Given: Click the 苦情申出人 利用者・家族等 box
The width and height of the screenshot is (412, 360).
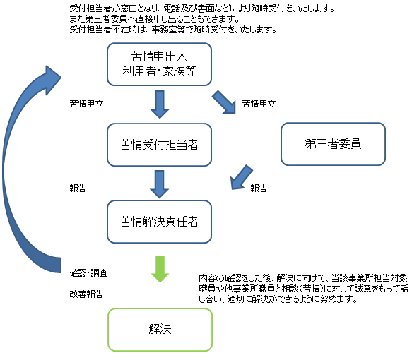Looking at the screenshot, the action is click(x=159, y=64).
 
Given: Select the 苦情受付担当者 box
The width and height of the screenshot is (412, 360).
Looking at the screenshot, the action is click(x=159, y=145).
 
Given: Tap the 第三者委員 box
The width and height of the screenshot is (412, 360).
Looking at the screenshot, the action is click(x=333, y=144).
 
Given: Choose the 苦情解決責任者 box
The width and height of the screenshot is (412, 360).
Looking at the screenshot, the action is click(x=159, y=222).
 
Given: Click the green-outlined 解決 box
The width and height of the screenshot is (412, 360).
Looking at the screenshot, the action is click(x=160, y=330).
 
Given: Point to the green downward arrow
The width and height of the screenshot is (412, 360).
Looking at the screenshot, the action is click(x=160, y=269).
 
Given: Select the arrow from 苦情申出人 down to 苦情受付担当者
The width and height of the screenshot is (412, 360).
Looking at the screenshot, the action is click(x=160, y=104).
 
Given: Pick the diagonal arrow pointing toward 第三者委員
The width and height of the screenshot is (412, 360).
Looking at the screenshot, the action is click(x=224, y=102).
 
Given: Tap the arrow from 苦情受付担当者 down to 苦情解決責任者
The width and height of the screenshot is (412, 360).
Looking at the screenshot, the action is click(x=160, y=184).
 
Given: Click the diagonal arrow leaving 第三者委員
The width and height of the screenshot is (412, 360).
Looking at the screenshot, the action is click(x=241, y=178).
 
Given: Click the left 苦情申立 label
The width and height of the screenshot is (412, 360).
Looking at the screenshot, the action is click(x=86, y=104).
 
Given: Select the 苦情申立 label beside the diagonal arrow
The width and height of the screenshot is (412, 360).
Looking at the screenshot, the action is click(x=259, y=104).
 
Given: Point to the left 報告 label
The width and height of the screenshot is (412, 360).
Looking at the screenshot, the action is click(x=78, y=188).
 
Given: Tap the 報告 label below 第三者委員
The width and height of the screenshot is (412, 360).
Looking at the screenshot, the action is click(x=259, y=188).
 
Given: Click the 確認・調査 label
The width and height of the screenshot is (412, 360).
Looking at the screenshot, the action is click(x=88, y=273).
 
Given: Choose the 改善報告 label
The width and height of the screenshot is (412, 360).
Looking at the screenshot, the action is click(x=86, y=294).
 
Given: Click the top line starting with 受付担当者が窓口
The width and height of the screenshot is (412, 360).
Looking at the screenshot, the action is click(x=202, y=8).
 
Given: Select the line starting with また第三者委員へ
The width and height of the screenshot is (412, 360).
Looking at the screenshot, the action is click(x=155, y=19).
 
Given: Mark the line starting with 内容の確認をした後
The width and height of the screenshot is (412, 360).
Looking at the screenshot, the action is click(x=303, y=278).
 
